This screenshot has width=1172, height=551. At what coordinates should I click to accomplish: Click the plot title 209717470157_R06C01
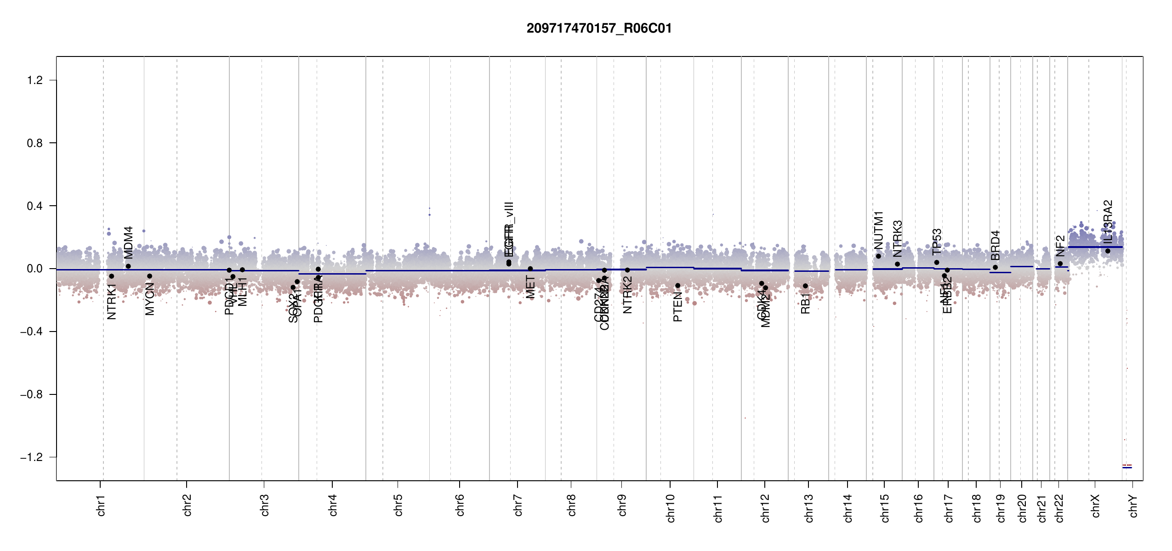point(599,28)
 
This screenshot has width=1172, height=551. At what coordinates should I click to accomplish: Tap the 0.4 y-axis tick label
point(35,206)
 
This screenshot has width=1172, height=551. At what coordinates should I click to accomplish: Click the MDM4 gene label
point(129,242)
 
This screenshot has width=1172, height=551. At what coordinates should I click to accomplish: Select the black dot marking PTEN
point(677,286)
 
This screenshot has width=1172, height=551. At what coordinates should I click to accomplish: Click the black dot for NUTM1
point(878,256)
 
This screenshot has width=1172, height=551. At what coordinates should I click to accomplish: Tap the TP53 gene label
point(937,242)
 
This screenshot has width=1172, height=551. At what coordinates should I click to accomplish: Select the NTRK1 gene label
point(112,301)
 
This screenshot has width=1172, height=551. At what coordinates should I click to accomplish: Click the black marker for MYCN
point(149,276)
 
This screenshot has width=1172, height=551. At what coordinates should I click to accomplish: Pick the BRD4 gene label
point(995,245)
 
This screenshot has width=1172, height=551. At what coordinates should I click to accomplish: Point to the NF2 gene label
point(1060,246)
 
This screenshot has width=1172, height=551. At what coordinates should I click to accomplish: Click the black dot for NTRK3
point(897,264)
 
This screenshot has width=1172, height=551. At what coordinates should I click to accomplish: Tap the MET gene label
point(530,287)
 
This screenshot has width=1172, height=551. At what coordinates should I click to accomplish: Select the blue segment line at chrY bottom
point(1127,467)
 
